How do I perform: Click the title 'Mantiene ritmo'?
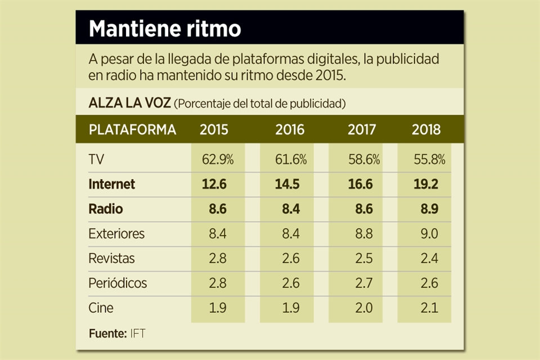(165, 29)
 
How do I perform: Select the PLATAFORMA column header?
(132, 130)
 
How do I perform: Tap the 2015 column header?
(214, 130)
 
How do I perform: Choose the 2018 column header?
(426, 130)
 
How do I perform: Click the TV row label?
(97, 160)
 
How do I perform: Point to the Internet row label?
(112, 184)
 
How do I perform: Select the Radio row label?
(106, 209)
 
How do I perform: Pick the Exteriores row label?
(116, 233)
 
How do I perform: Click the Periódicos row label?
(118, 283)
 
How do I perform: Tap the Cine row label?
(101, 308)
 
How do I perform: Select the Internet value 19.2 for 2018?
(426, 184)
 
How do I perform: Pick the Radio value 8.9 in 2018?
(429, 209)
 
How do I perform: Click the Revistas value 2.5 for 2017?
(364, 258)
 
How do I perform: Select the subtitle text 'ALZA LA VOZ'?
(129, 103)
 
